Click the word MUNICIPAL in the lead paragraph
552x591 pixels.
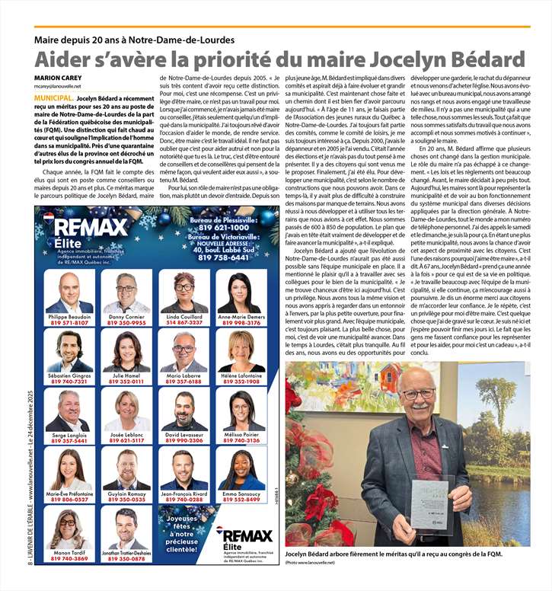53,99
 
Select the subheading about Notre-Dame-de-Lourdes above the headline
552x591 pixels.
135,40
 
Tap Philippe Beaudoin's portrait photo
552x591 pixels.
69,292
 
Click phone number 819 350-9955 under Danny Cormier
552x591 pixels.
126,323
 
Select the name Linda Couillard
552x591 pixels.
183,315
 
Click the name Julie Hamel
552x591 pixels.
126,375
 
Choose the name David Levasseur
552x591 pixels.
183,433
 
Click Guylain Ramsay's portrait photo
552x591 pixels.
126,469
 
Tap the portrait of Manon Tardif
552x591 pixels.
69,529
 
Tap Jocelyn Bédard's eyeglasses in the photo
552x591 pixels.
419,395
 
